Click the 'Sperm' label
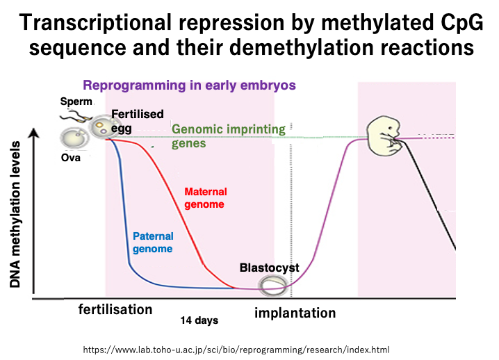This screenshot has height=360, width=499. click(76, 101)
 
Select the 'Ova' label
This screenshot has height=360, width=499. click(71, 158)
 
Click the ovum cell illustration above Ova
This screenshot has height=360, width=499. click(73, 138)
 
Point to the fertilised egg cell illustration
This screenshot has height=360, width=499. click(101, 126)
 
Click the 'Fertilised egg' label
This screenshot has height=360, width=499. click(137, 121)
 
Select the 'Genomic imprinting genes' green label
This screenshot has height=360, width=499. click(229, 136)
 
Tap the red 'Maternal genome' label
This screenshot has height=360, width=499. click(206, 197)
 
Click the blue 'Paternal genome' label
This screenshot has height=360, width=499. click(153, 243)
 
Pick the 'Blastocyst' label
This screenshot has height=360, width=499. click(269, 268)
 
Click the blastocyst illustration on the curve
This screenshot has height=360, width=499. click(272, 285)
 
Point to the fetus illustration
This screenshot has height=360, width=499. click(384, 136)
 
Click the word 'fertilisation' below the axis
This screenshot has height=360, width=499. click(115, 309)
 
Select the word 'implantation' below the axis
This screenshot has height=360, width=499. click(295, 313)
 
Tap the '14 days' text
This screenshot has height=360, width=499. click(199, 320)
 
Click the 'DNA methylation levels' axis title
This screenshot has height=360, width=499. click(15, 214)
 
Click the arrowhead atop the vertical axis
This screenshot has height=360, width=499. click(34, 133)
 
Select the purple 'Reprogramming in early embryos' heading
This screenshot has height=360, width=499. click(189, 85)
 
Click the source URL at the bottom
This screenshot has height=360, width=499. click(236, 350)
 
